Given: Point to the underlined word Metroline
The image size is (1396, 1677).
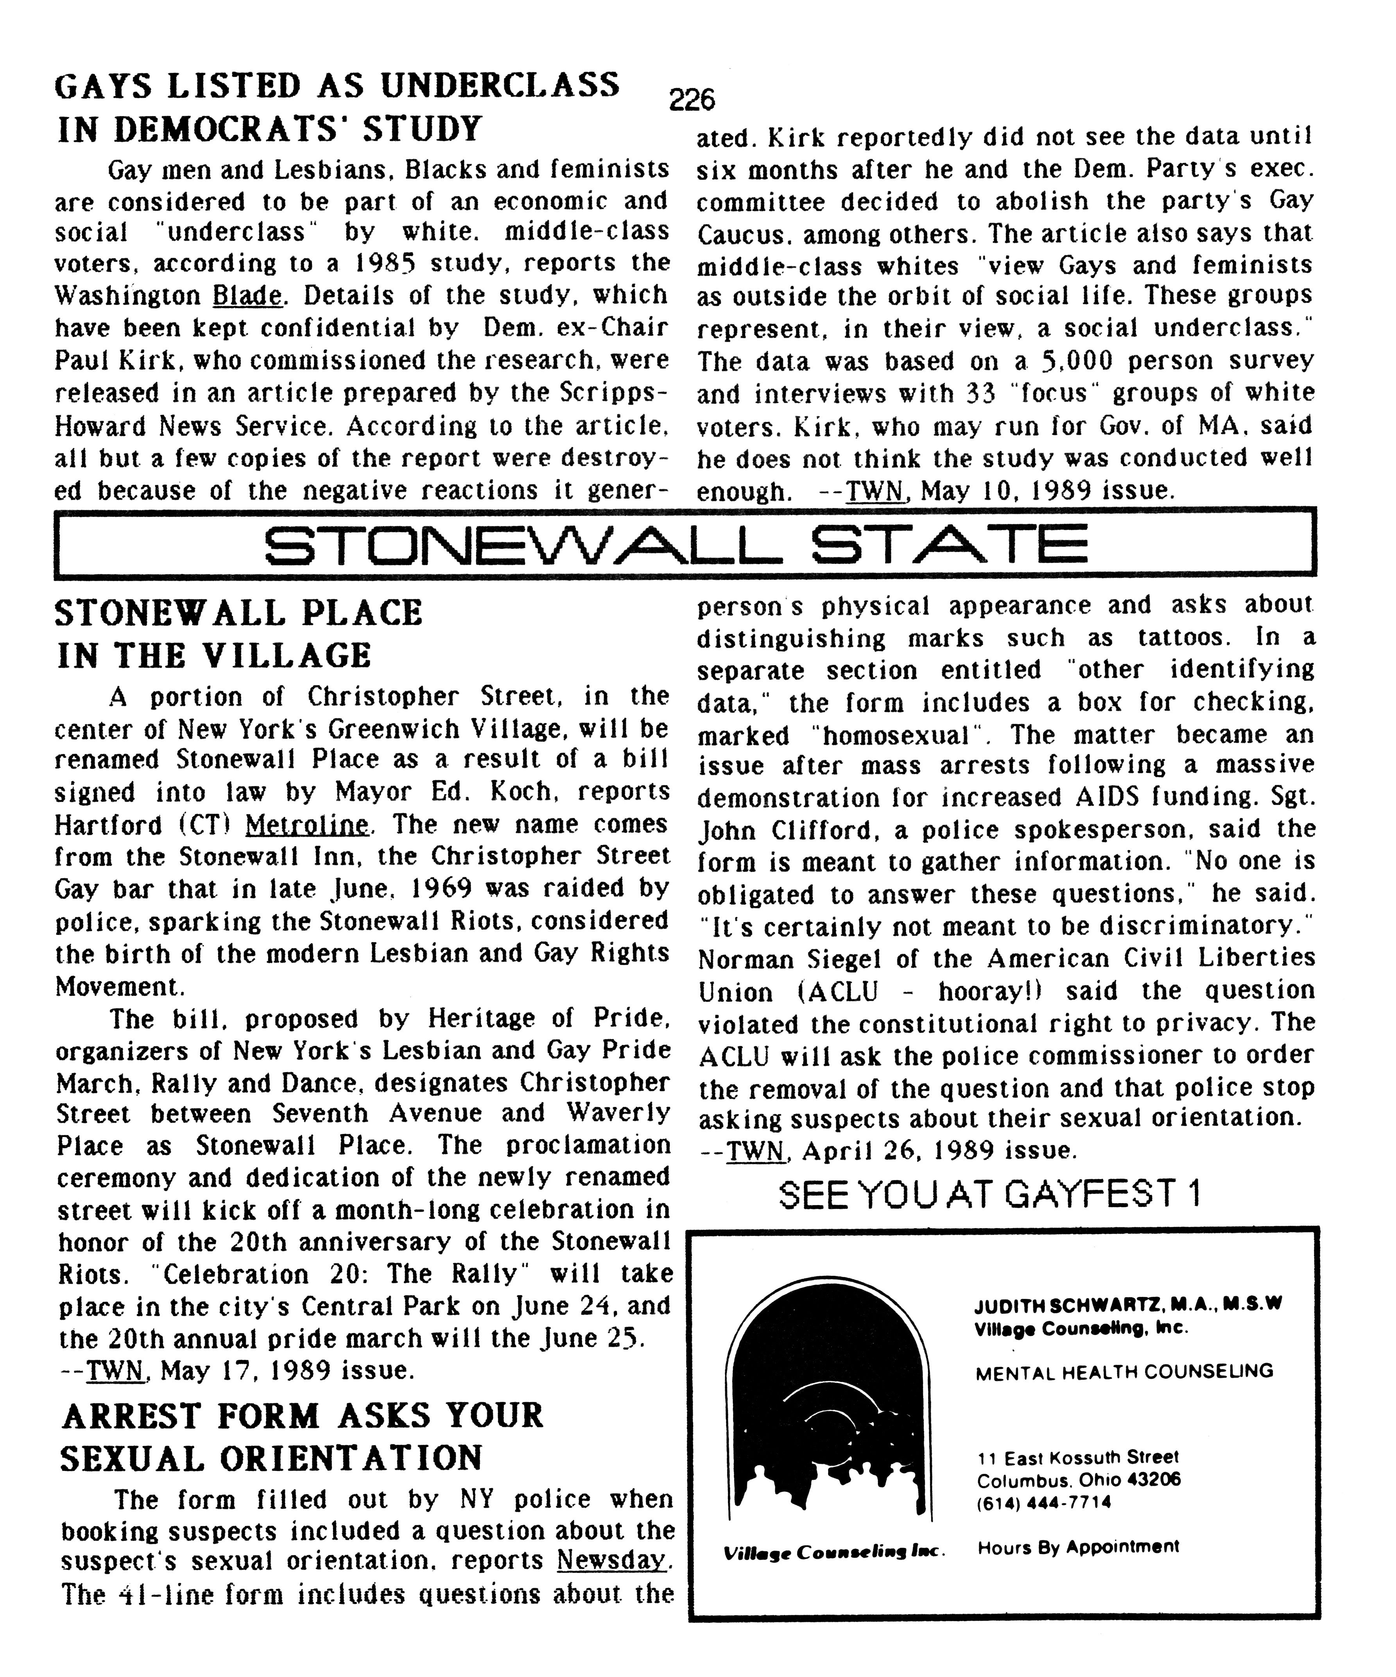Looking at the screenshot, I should coord(306,824).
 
